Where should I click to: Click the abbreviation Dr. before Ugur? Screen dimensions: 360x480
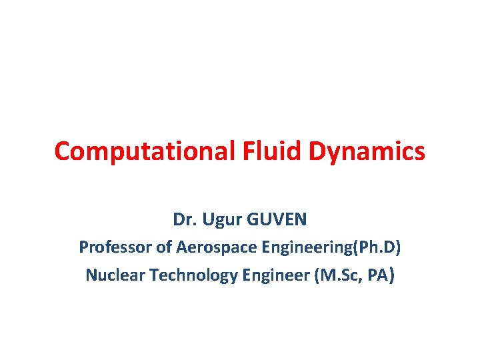click(183, 219)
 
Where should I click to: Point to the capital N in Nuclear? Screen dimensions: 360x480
click(91, 274)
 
